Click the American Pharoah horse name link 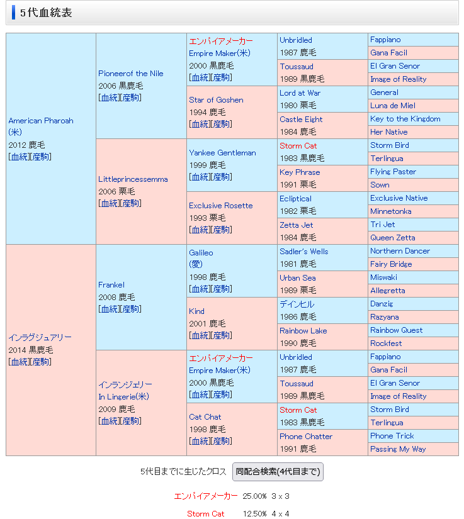(x=41, y=121)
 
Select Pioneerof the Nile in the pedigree (x=130, y=74)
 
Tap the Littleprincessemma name (x=133, y=179)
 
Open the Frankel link (x=111, y=285)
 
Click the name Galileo (x=201, y=253)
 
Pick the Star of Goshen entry (x=216, y=100)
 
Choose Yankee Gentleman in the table (x=222, y=153)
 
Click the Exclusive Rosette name (x=220, y=206)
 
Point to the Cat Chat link (x=205, y=417)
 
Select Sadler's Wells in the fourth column (x=304, y=252)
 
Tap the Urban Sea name (x=298, y=278)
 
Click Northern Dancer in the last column (x=400, y=251)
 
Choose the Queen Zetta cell (x=393, y=238)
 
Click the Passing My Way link (x=398, y=449)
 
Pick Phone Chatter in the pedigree (x=306, y=437)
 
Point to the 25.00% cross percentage (x=255, y=496)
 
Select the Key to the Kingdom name (x=405, y=119)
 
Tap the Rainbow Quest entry (x=397, y=330)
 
